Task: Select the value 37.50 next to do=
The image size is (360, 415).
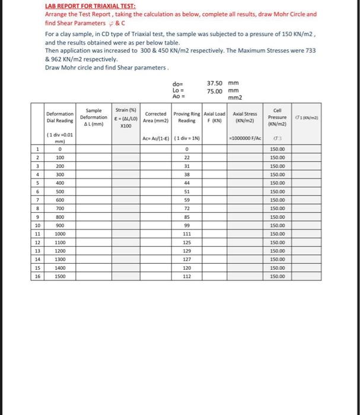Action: click(x=215, y=83)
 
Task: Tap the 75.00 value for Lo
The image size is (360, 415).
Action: click(x=215, y=91)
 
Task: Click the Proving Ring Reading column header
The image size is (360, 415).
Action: click(x=187, y=116)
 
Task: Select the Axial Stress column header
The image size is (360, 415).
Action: click(x=245, y=116)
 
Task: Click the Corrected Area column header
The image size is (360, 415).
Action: click(x=155, y=116)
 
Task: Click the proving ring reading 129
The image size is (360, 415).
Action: click(x=187, y=251)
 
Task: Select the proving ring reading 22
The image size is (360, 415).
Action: click(x=187, y=158)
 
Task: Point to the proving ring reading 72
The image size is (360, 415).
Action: click(x=187, y=209)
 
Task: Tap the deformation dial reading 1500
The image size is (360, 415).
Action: click(x=60, y=276)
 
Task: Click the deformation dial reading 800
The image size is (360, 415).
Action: click(x=60, y=217)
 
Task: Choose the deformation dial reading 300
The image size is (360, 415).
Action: click(x=60, y=175)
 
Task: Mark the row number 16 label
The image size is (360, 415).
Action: click(x=37, y=276)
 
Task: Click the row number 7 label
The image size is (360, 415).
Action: click(x=37, y=200)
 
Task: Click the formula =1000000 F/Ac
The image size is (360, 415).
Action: click(x=245, y=138)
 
